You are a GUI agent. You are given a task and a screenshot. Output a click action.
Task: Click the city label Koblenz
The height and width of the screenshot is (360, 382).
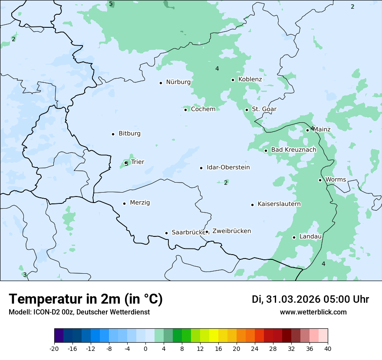(250, 79)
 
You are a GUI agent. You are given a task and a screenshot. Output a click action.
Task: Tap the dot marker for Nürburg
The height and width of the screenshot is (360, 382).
(161, 83)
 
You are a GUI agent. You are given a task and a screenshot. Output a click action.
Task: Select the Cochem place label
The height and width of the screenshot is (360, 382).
(203, 109)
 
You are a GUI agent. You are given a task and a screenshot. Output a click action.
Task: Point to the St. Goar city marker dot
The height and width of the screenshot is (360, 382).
(247, 110)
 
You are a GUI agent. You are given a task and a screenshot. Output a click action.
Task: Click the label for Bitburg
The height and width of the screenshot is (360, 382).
(129, 134)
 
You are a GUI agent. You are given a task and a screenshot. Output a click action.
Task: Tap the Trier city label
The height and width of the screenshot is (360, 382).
(138, 162)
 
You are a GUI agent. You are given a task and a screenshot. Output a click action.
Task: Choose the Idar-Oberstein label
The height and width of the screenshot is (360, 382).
(228, 167)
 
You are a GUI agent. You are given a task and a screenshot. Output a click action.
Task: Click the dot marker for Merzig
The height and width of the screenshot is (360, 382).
(124, 203)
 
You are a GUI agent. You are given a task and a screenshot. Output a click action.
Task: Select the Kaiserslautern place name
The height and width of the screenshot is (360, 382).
(279, 204)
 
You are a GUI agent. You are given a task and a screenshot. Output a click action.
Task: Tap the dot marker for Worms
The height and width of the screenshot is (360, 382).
(320, 180)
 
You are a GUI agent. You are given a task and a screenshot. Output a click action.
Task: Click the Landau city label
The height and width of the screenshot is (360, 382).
(310, 237)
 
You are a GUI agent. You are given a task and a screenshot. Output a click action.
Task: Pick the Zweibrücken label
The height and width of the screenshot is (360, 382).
(231, 231)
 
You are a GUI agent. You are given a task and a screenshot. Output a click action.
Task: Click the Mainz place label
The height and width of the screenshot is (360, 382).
(322, 130)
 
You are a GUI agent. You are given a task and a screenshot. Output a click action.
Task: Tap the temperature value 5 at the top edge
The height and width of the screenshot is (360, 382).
(111, 4)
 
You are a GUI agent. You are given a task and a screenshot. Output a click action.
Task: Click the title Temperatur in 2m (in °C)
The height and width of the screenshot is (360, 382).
(86, 299)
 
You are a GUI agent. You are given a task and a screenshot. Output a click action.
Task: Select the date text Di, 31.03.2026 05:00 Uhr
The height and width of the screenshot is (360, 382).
(310, 299)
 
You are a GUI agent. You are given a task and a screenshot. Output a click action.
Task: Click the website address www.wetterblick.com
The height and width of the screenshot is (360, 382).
(313, 312)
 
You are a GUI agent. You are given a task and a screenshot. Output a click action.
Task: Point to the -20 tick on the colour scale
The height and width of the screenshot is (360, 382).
(54, 349)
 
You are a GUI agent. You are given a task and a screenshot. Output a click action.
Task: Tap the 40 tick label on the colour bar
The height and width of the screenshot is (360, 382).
(328, 349)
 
